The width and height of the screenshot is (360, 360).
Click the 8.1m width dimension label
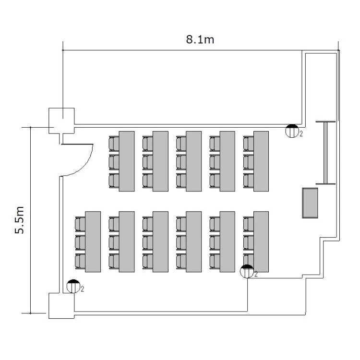[200, 39]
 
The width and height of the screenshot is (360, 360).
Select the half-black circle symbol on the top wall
[292, 131]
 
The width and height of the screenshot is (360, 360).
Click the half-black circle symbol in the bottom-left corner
[73, 286]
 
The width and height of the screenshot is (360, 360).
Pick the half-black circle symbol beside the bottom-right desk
[247, 271]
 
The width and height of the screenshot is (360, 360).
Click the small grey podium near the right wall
[310, 203]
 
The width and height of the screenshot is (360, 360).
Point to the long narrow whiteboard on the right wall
[325, 152]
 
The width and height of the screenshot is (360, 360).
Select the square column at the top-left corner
[62, 120]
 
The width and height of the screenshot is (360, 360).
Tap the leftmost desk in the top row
[126, 160]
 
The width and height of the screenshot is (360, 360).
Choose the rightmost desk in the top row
[261, 160]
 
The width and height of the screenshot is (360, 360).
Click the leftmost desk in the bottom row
[93, 241]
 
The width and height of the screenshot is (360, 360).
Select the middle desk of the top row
[193, 160]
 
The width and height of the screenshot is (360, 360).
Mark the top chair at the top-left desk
[114, 143]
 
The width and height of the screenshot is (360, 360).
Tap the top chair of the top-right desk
[248, 143]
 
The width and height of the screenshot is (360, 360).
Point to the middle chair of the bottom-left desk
[80, 241]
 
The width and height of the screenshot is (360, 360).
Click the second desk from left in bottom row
[126, 241]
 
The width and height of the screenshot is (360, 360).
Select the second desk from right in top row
[227, 160]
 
